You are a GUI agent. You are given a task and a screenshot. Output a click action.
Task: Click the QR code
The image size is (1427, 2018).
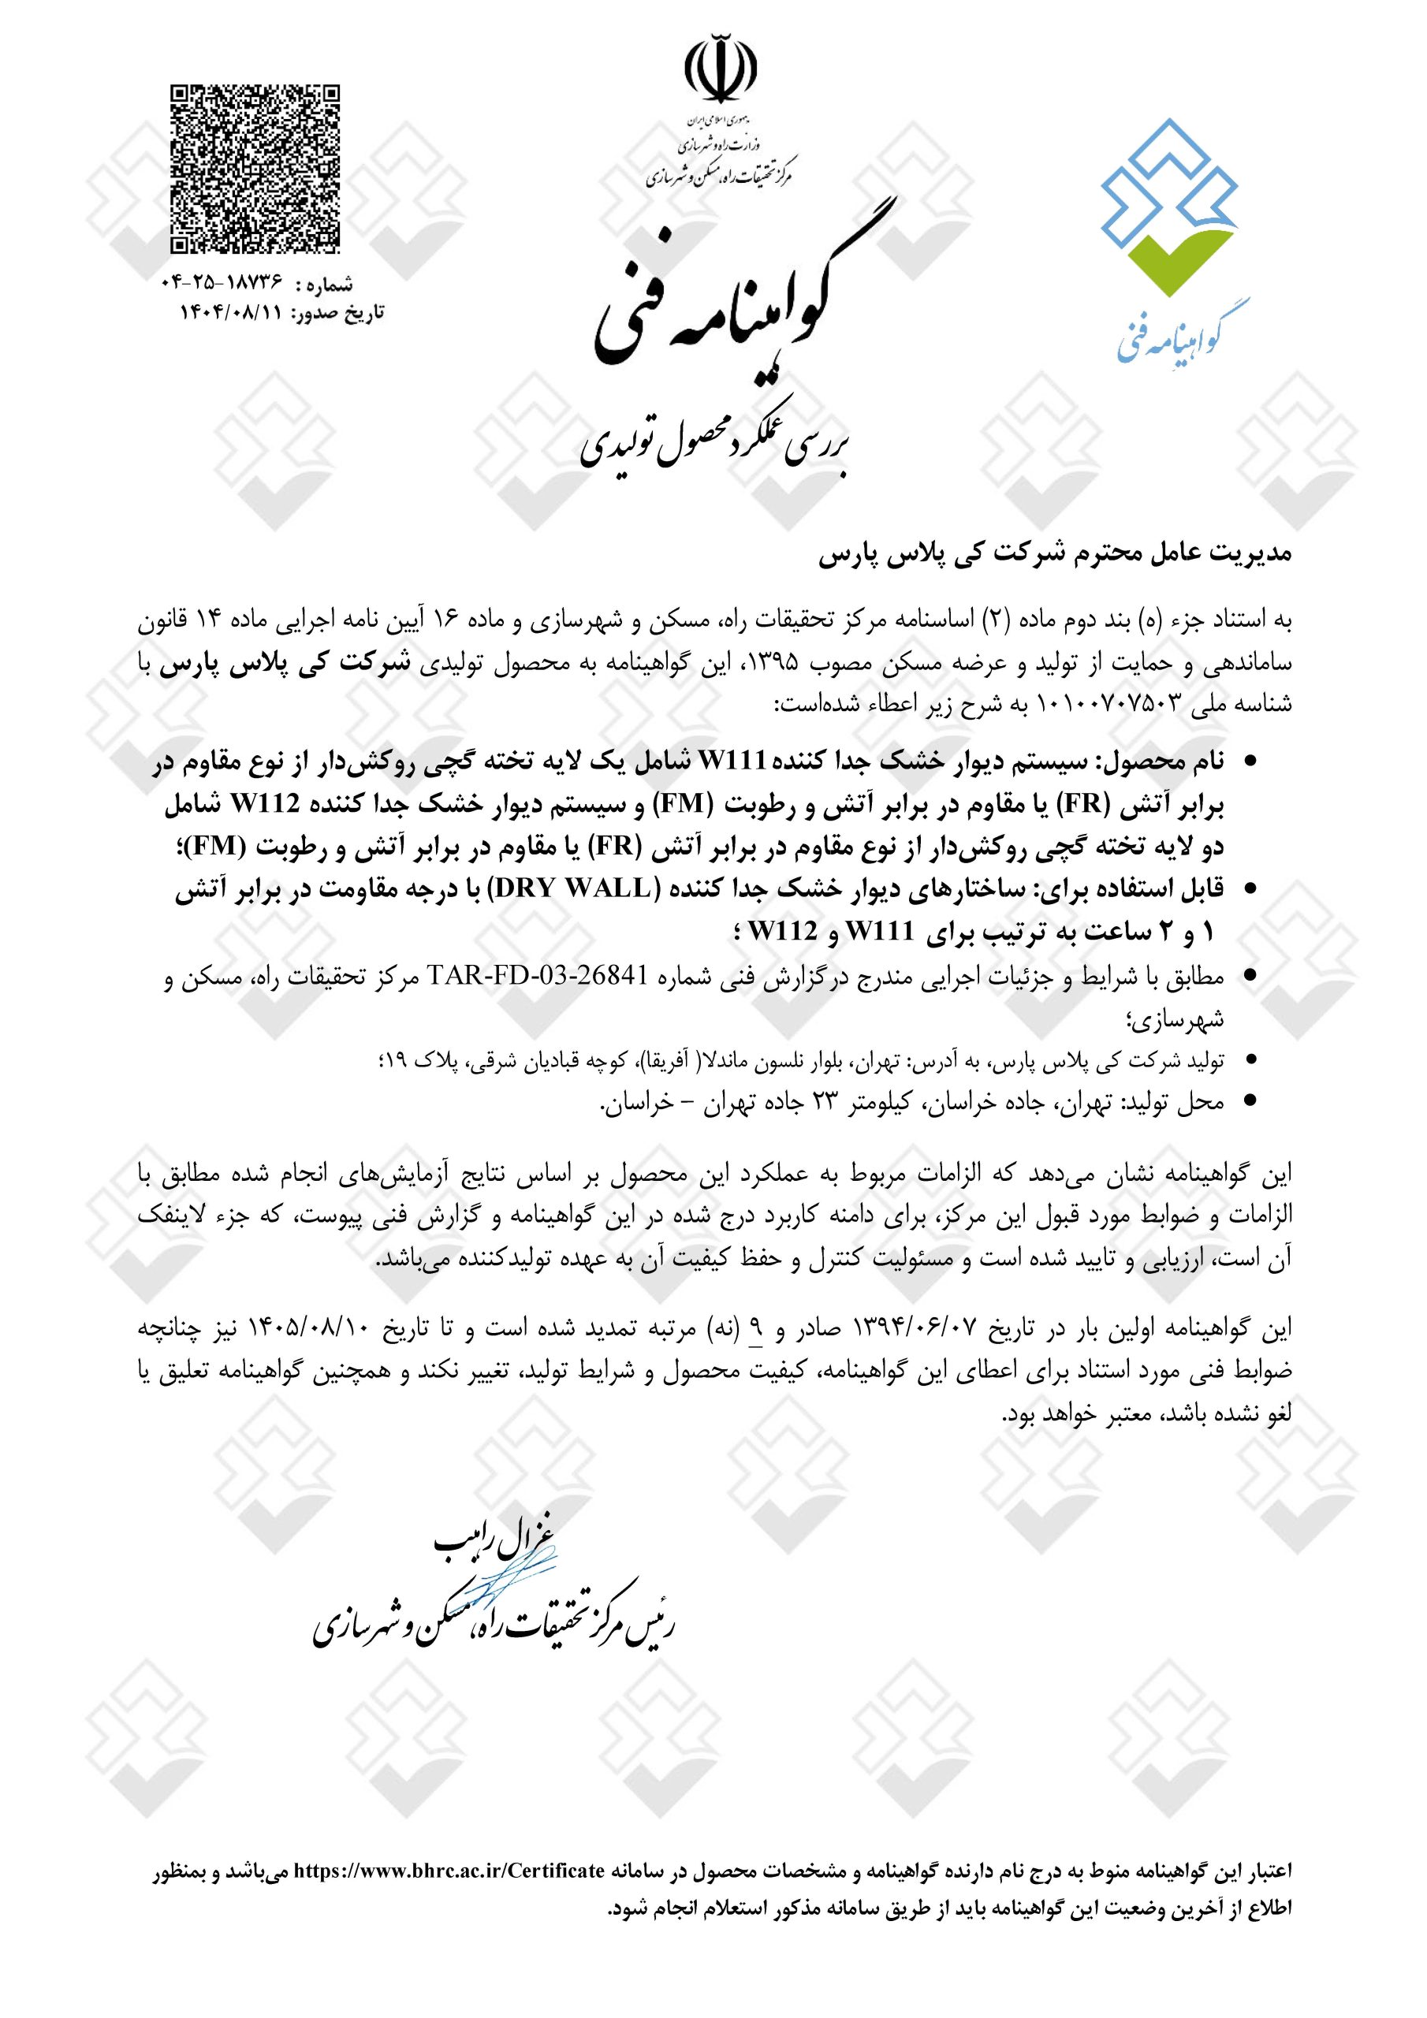[254, 168]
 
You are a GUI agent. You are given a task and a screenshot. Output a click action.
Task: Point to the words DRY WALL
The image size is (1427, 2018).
[575, 889]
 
